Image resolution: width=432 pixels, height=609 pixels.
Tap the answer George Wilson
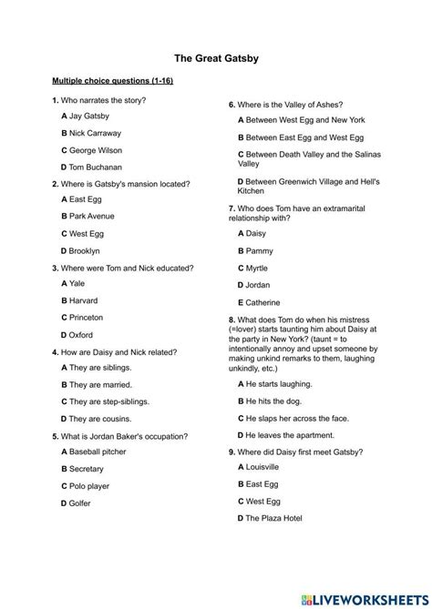91,150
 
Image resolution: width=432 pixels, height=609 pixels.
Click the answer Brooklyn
80,250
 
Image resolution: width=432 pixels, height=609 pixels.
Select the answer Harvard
79,299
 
